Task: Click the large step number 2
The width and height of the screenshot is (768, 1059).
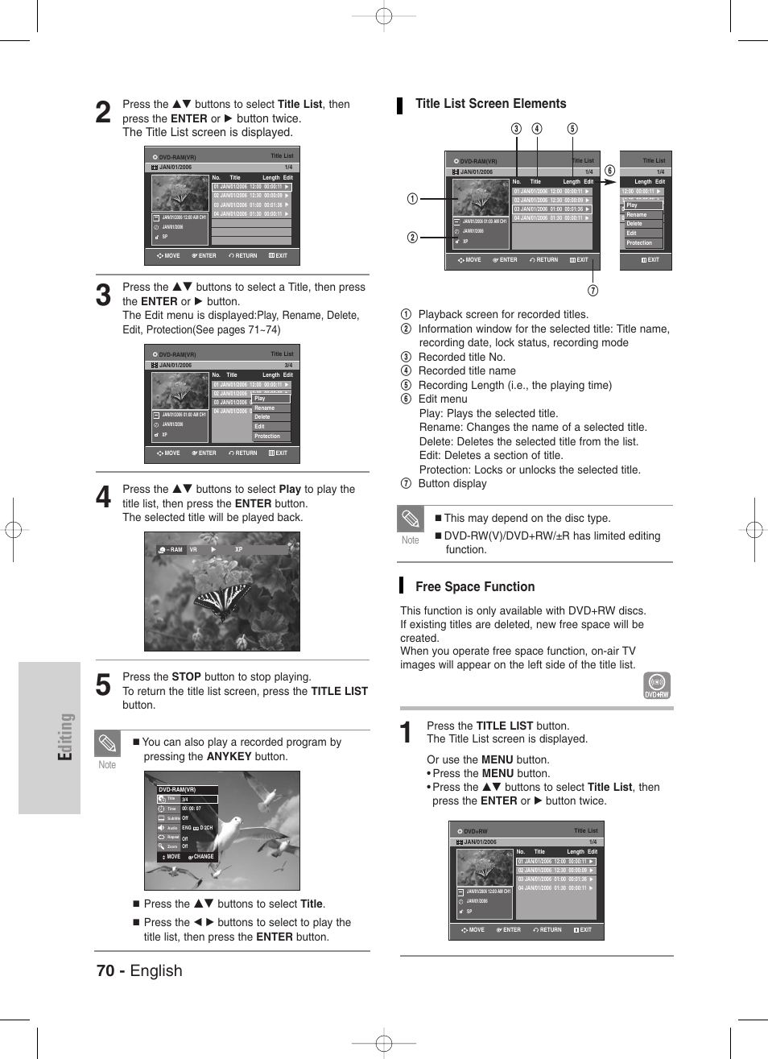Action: coord(103,113)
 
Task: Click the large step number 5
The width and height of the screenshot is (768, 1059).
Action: coord(103,685)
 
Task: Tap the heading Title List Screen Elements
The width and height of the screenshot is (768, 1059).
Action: coord(490,104)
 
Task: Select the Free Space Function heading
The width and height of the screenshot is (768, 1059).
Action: coord(474,587)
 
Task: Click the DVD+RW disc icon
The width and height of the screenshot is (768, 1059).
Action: coord(657,685)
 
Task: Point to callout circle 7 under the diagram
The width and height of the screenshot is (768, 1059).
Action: coord(593,291)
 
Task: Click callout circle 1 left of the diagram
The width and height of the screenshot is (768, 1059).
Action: coord(412,199)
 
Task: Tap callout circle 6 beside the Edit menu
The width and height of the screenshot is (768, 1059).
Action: coord(609,171)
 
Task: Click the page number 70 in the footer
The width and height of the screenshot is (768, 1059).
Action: coord(105,970)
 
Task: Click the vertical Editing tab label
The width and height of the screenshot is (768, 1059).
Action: coord(65,737)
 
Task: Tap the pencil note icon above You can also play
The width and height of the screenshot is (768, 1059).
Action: coord(107,743)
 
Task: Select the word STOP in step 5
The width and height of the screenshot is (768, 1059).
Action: coord(186,677)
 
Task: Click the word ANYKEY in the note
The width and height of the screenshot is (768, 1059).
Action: coord(229,757)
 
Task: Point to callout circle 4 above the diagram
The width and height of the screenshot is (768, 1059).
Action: coord(536,129)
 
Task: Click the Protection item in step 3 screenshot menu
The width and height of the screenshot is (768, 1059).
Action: coord(267,436)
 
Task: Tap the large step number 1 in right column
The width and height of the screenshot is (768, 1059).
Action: coord(407,733)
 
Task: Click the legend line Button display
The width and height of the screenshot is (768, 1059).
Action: coord(452,484)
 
